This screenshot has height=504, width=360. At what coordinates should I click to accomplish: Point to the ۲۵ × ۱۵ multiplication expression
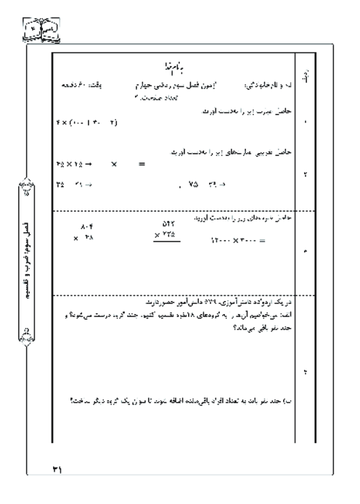pos(68,164)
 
